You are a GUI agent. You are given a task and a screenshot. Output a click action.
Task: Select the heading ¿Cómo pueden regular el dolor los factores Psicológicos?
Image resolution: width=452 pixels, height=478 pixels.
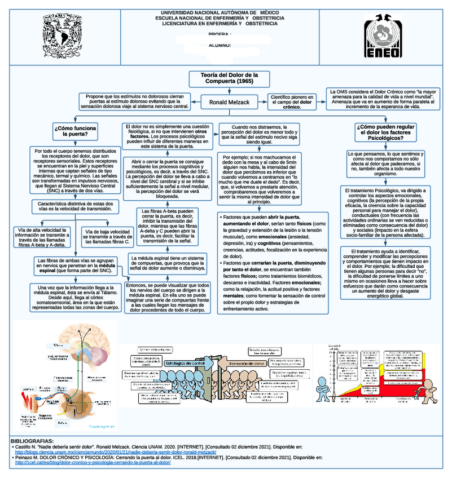tap(387, 132)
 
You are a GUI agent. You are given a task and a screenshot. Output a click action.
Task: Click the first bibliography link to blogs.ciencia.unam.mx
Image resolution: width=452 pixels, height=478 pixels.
tap(116, 452)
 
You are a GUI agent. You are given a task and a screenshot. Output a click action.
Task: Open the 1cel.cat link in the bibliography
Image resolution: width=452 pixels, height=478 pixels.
tap(93, 462)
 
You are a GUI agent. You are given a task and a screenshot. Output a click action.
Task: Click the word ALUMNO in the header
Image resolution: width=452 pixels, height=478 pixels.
tap(220, 45)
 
